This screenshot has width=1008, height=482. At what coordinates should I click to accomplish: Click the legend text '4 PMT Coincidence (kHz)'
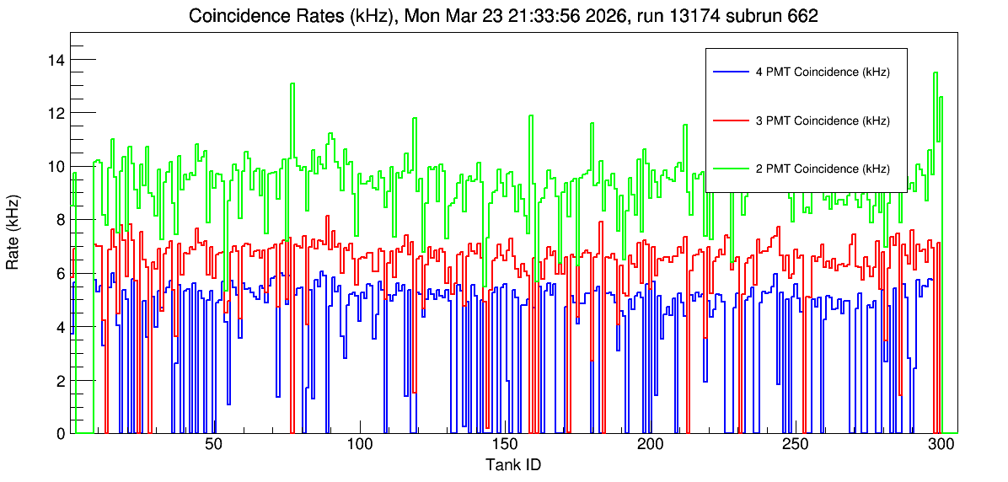coord(823,72)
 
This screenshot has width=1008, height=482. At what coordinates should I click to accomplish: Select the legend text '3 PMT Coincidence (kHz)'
coord(823,121)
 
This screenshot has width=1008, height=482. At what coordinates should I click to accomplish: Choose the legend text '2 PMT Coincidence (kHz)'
coord(823,169)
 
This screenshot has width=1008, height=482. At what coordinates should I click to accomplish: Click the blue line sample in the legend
coord(731,72)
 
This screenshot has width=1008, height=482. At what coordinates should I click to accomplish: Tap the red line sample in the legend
coord(731,121)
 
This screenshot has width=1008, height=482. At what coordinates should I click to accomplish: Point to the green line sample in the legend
coord(731,169)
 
